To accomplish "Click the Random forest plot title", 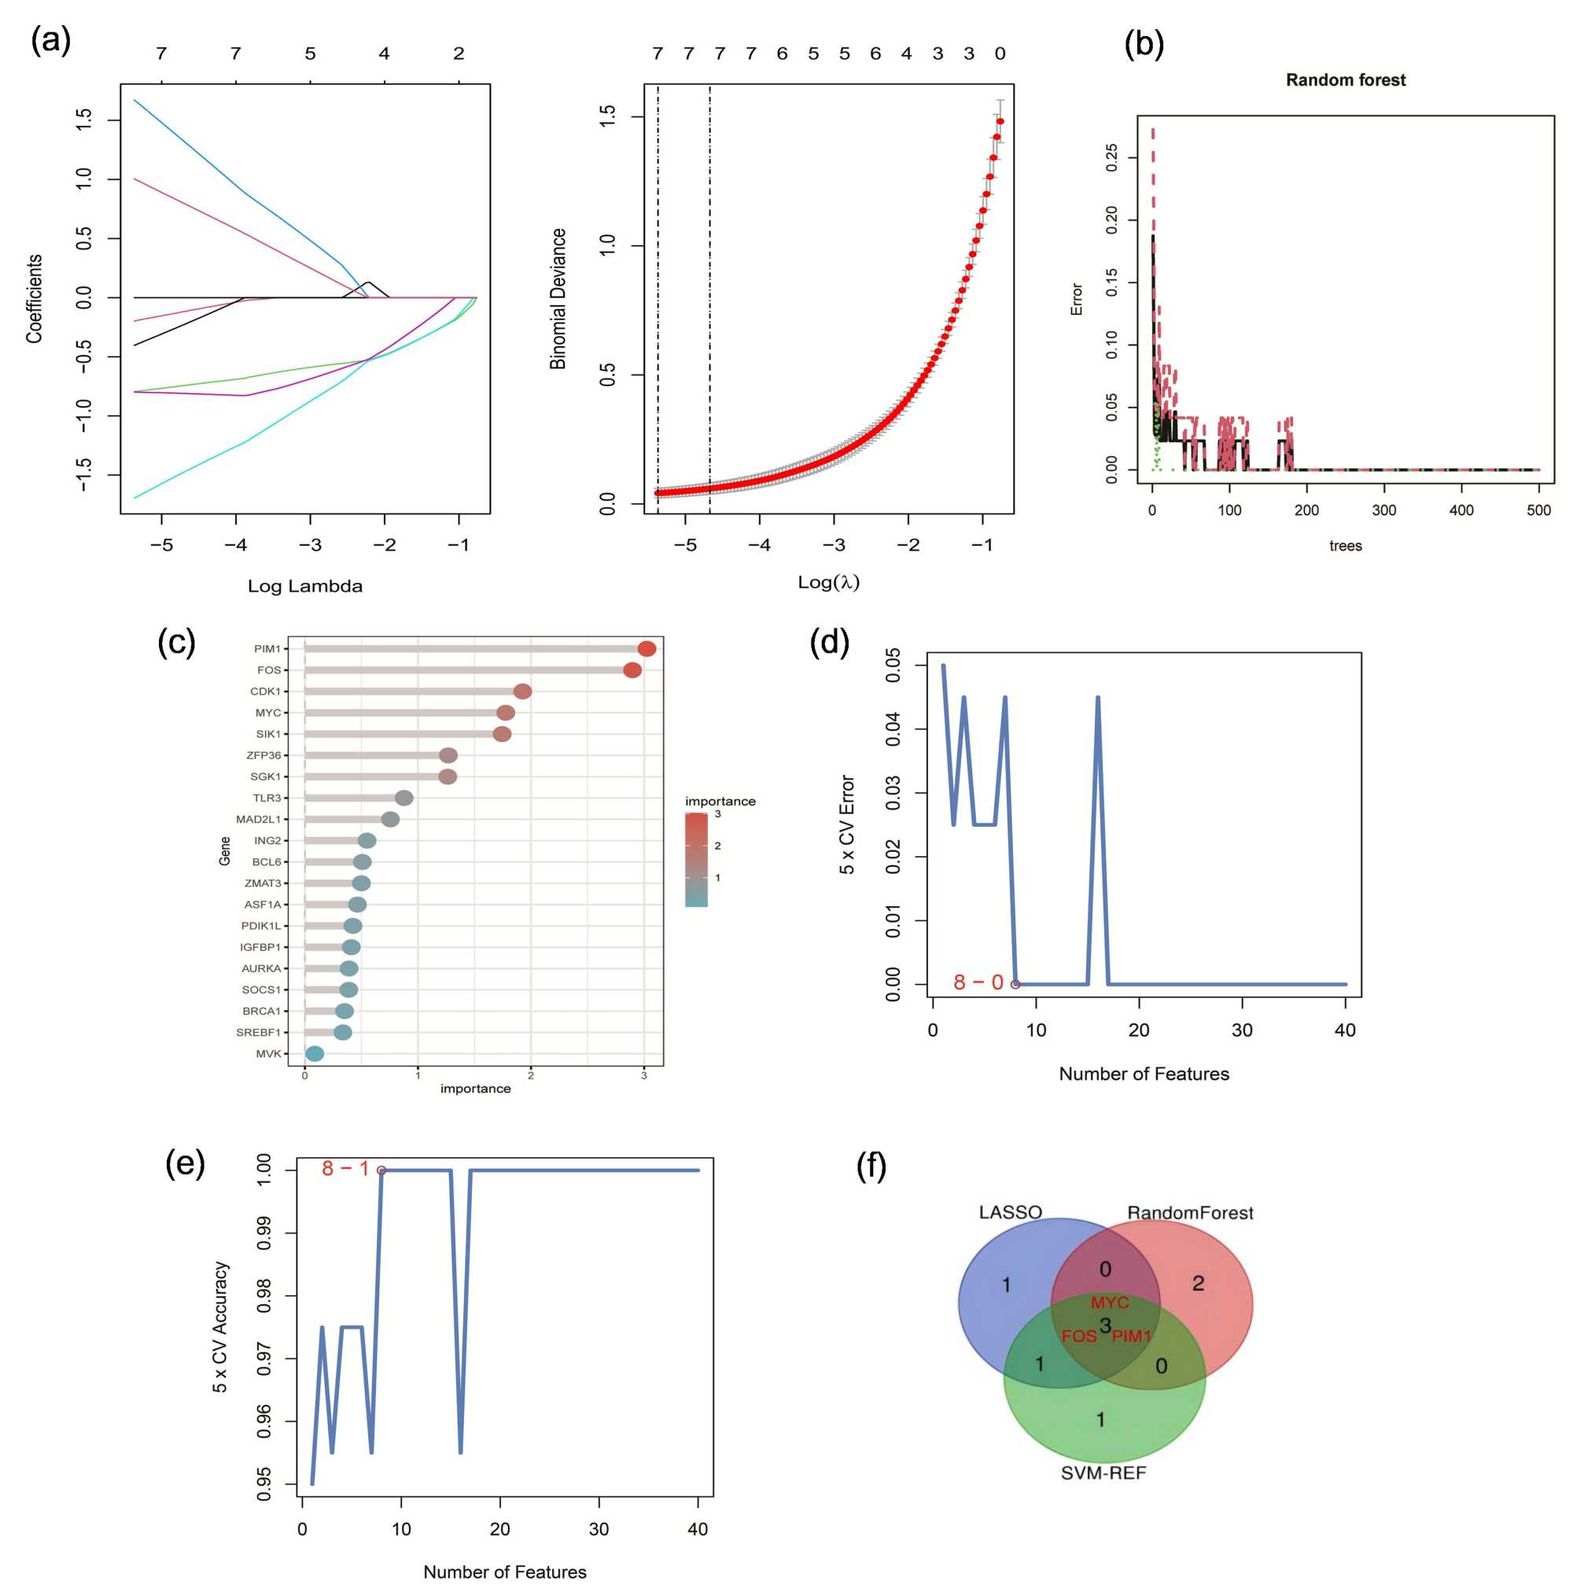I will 1345,80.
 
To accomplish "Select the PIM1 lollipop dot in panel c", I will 647,649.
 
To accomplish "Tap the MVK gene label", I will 268,1053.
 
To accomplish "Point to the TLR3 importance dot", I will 403,798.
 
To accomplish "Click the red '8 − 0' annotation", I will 978,982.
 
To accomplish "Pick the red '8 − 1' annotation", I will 345,1168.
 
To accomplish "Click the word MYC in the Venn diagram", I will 1110,1303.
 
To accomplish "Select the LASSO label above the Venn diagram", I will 1011,1211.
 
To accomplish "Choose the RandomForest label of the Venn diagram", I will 1190,1212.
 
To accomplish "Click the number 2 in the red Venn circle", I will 1198,1284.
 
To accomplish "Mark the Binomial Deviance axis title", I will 558,299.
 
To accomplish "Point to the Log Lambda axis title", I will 305,586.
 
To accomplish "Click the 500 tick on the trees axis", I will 1538,511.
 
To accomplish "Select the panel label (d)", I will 829,642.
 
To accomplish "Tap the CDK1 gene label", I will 265,691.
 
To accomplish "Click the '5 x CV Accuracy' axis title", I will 219,1326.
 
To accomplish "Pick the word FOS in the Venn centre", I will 1078,1336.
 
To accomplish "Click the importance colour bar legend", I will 696,859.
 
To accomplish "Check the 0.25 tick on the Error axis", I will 1112,157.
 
